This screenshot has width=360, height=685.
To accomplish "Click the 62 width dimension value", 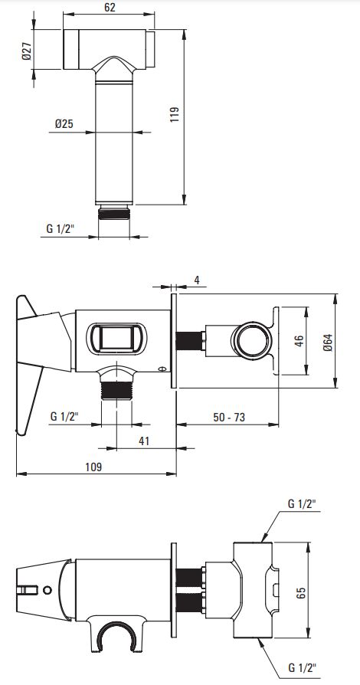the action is point(110,7).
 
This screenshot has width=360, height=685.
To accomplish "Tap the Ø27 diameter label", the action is point(26,51).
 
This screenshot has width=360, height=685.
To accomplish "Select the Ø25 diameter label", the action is point(64,124).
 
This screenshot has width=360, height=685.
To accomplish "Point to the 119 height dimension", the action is point(175,114).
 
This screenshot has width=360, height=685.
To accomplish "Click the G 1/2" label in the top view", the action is point(61,228).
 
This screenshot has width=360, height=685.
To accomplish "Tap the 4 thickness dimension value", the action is point(197,280).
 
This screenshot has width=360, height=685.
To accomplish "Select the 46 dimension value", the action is point(299,341).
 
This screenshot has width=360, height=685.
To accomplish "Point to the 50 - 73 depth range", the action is point(229,417).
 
